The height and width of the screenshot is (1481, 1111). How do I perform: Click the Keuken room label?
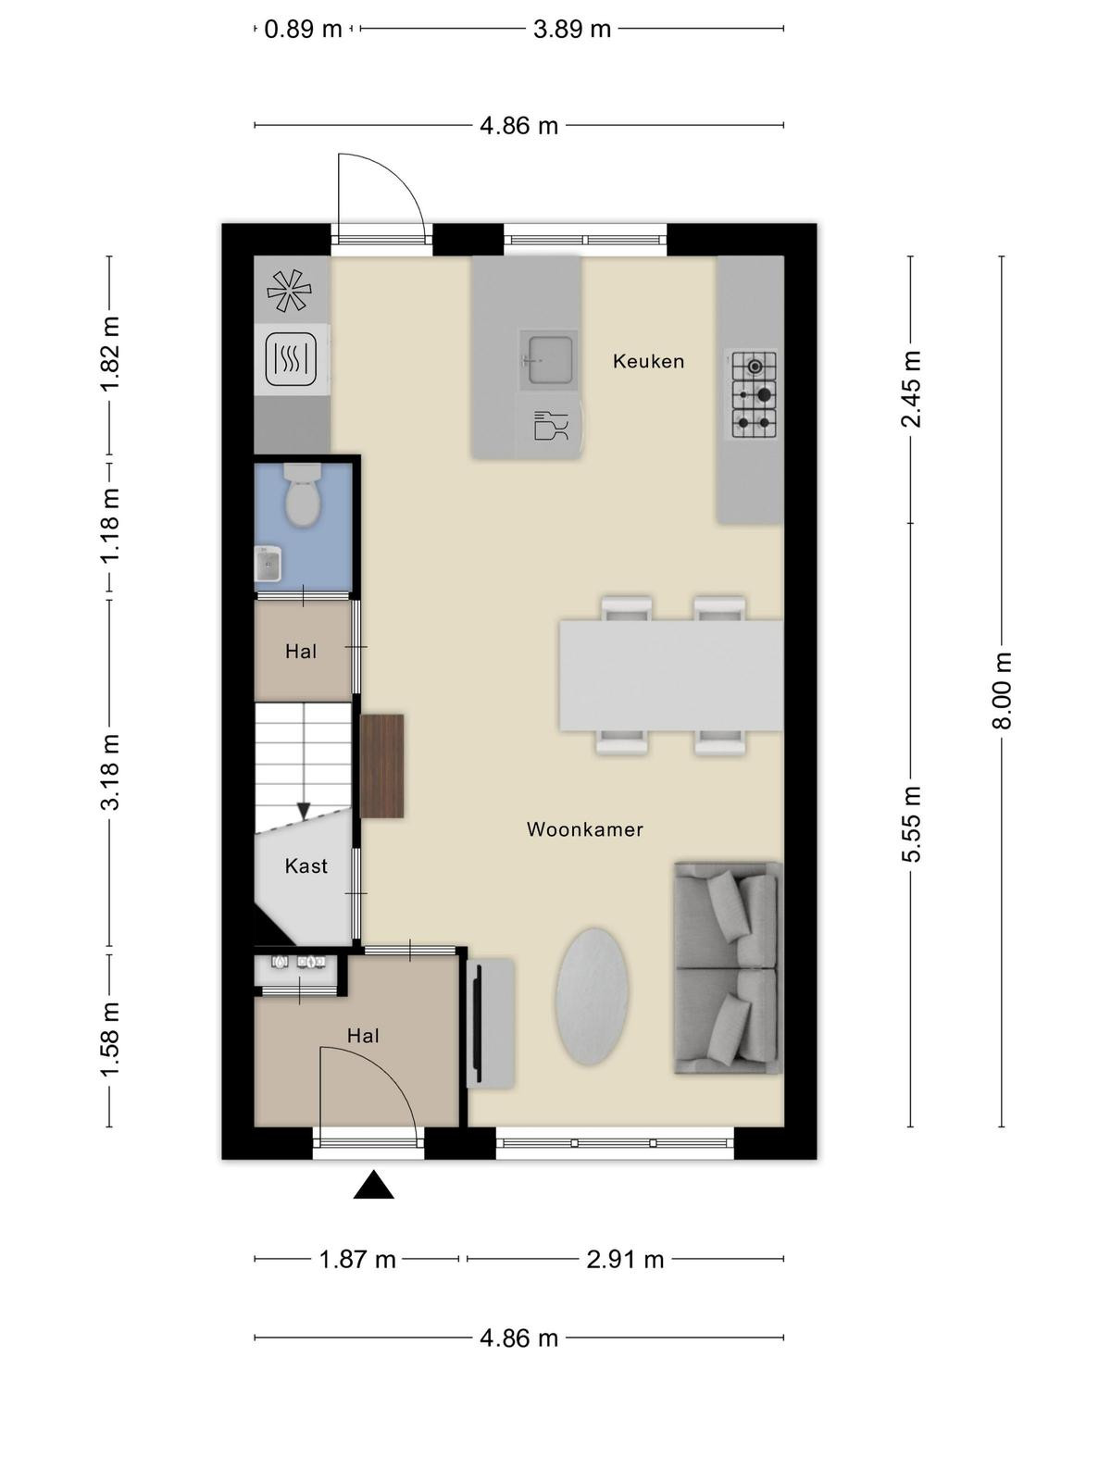[648, 361]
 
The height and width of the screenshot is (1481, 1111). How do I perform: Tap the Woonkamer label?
[585, 829]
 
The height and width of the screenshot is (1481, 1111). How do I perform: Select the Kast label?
[306, 865]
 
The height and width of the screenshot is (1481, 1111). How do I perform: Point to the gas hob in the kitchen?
[753, 394]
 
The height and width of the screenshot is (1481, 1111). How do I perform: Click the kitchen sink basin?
[549, 360]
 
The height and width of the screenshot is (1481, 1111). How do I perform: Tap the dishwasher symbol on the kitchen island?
[551, 426]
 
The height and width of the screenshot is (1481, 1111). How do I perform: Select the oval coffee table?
[593, 997]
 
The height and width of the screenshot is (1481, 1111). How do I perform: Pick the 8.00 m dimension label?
[1002, 691]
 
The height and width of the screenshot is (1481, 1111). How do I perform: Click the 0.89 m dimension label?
[303, 30]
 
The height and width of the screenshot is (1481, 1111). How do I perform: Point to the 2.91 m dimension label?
[625, 1259]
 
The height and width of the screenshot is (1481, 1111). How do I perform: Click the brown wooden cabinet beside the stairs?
[382, 766]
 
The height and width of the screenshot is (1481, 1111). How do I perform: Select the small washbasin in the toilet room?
[268, 564]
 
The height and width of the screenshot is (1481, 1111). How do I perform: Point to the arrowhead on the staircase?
[304, 810]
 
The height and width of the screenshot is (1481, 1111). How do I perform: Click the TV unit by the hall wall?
[491, 1023]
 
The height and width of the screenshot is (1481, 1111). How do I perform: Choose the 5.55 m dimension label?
[911, 825]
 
